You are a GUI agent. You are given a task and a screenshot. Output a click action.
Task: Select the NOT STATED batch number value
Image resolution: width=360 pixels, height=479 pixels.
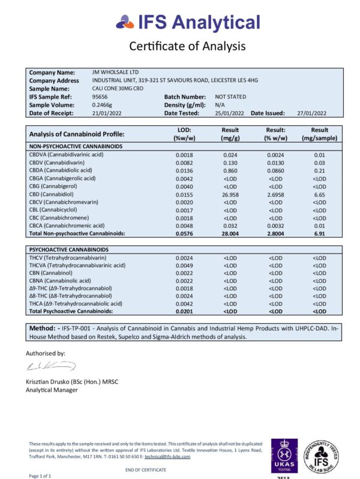pyautogui.click(x=230, y=97)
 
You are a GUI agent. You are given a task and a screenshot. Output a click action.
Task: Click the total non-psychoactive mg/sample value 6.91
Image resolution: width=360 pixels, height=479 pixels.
pyautogui.click(x=320, y=233)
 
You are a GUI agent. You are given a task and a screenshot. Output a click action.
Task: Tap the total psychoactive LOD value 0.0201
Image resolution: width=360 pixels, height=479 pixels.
pyautogui.click(x=184, y=311)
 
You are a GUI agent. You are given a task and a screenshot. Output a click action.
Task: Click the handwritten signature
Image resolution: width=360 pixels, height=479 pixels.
pyautogui.click(x=50, y=365)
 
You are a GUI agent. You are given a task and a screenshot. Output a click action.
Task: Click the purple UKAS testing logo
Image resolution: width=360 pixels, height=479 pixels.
pyautogui.click(x=284, y=456)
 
